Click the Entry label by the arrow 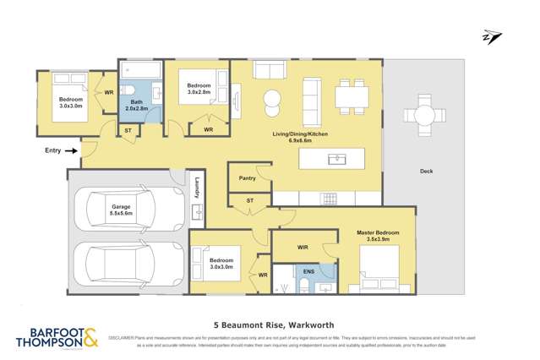pos(52,151)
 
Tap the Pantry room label pos(248,178)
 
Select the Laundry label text pos(195,188)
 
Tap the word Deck pos(428,172)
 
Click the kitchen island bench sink pos(339,159)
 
